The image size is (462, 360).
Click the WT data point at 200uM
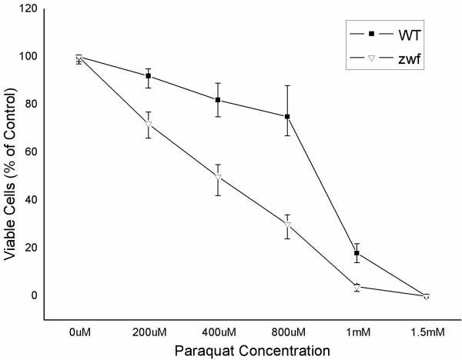pos(148,76)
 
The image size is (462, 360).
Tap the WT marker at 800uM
pos(287,117)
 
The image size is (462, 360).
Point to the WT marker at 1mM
pos(357,253)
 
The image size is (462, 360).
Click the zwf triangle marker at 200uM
pos(148,124)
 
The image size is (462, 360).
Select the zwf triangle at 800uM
pos(287,225)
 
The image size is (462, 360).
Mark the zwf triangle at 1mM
pos(357,287)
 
